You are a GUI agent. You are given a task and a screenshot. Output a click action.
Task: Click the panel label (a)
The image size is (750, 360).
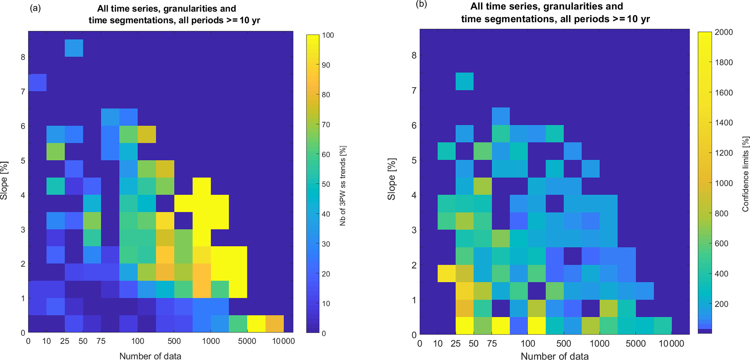[x=35, y=8]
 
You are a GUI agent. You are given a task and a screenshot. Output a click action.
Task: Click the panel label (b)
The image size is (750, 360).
[x=422, y=4]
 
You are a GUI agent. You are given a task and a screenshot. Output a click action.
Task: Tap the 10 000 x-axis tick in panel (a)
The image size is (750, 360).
[x=284, y=341]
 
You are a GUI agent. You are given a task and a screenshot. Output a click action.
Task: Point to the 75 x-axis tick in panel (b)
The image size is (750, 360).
[x=492, y=343]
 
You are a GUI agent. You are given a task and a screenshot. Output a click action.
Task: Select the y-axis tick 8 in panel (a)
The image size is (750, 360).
[x=22, y=57]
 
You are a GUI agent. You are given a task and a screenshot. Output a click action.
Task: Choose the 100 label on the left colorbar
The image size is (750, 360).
[x=328, y=35]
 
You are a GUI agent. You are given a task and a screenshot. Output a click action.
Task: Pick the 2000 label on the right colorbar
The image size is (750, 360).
[x=724, y=32]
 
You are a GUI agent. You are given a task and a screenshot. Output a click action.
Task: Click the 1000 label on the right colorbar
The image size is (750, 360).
[x=724, y=183]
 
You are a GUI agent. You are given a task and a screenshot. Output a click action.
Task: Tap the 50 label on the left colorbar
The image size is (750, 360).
[x=326, y=184]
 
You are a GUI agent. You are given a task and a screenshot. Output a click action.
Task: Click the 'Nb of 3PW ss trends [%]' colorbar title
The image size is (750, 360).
[x=343, y=186]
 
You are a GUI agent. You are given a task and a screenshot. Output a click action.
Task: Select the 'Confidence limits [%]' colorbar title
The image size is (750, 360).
[x=745, y=174]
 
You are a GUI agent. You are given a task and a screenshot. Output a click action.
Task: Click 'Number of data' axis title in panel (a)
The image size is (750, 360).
[x=150, y=356]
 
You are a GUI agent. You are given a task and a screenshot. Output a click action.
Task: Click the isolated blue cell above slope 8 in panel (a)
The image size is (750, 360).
[x=74, y=48]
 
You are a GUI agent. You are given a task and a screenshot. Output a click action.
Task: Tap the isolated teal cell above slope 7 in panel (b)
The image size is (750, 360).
[x=465, y=81]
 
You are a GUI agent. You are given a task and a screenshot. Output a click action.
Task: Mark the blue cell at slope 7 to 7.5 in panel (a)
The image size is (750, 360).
[x=37, y=82]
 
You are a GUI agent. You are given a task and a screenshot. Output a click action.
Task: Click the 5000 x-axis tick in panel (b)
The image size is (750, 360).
[x=636, y=343]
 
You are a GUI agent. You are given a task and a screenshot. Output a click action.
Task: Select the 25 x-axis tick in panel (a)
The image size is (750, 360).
[x=65, y=341]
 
